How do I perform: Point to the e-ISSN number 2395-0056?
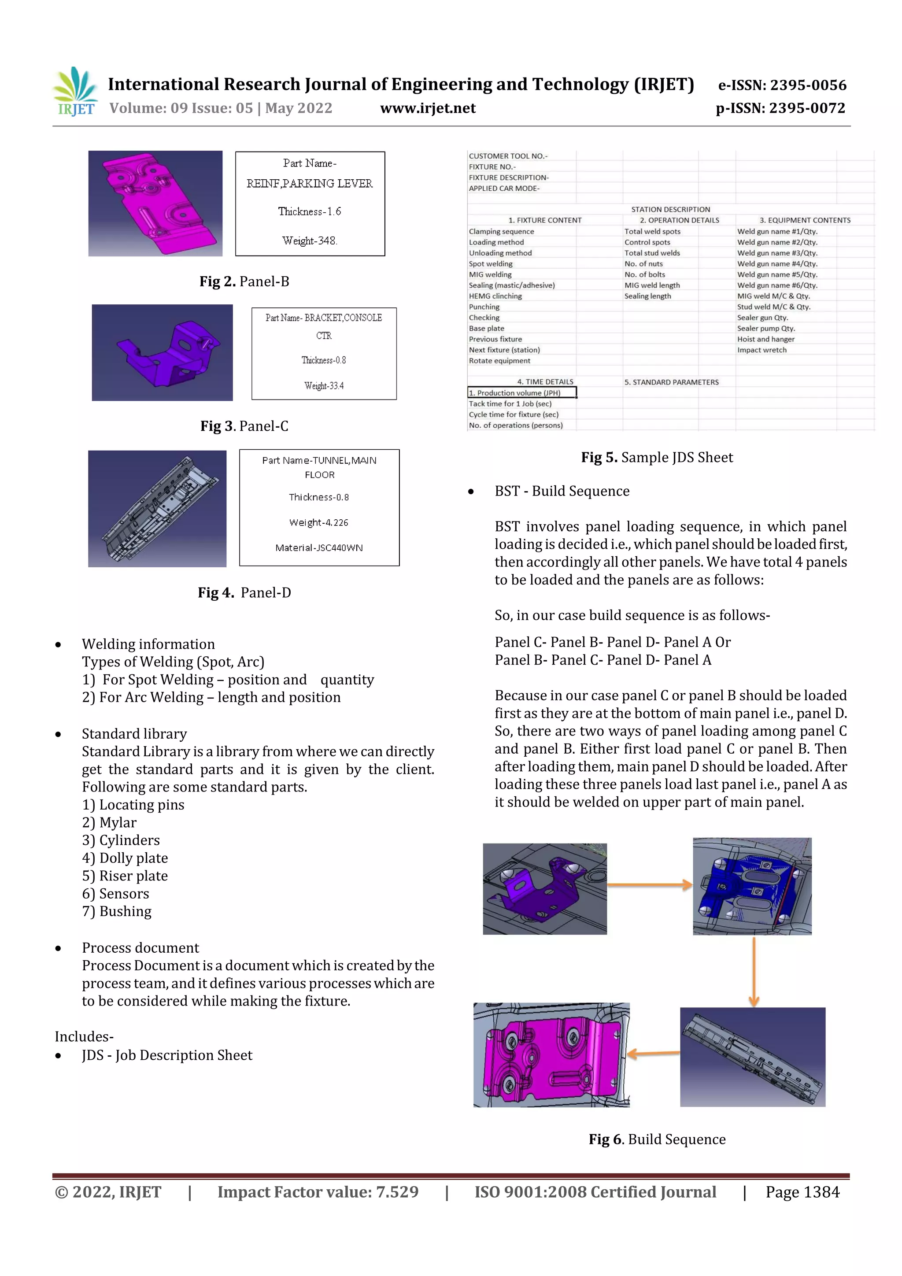[782, 85]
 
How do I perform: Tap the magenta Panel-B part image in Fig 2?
[155, 203]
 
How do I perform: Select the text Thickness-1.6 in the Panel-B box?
[310, 211]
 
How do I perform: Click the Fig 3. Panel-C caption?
[244, 426]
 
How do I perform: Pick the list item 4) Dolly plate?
[125, 858]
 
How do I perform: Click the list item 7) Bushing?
[117, 911]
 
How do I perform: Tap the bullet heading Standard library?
[134, 734]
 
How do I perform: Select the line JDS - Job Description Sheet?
[167, 1055]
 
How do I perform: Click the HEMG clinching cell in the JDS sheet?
[495, 296]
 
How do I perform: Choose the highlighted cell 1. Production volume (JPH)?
[521, 393]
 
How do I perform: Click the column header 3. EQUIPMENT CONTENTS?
[804, 220]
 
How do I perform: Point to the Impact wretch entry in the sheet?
[762, 350]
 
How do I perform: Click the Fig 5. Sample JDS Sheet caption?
[657, 457]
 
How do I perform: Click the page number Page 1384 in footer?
[802, 1192]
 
